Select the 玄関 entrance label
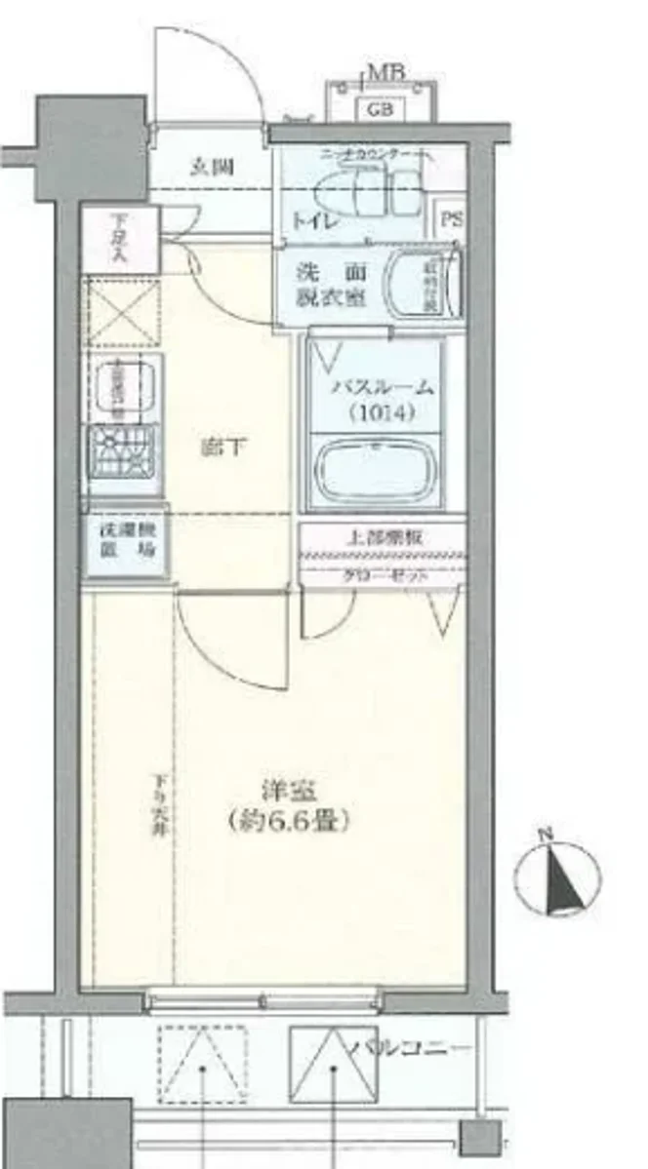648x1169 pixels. tap(210, 167)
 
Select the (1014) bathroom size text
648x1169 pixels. tap(381, 412)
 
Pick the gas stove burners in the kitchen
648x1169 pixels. tap(124, 450)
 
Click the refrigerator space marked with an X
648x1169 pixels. tap(123, 312)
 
